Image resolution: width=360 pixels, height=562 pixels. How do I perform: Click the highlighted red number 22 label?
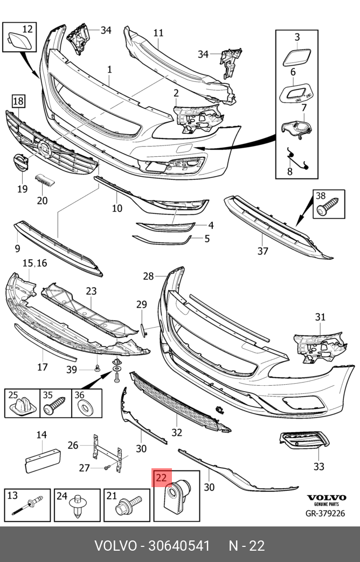point(161,477)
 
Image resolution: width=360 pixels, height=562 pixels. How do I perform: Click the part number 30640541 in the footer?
point(175,545)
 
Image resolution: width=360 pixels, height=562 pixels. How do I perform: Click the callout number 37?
point(262,251)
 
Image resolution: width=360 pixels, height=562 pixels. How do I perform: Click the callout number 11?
point(157,33)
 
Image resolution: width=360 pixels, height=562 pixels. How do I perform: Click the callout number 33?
point(319,467)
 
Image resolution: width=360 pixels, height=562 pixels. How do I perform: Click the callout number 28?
point(149,276)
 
